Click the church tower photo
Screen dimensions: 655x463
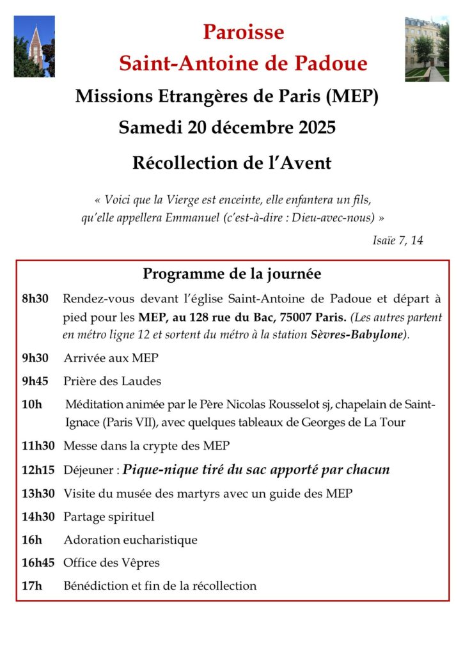coord(34,46)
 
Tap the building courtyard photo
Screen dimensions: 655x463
coord(427,49)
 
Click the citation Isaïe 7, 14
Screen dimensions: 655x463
coord(397,241)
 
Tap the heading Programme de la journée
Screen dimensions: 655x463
coord(231,274)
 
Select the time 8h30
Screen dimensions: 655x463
coord(35,299)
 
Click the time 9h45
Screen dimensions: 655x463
coord(35,381)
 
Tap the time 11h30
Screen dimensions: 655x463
coord(38,446)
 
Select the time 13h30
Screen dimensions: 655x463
coord(38,493)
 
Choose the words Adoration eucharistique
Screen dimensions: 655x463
coord(130,539)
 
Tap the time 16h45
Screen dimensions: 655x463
coord(38,563)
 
